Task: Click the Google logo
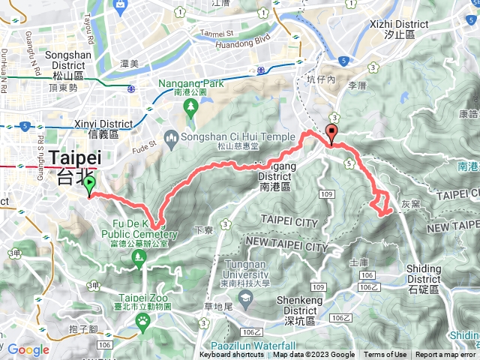pos(28,349)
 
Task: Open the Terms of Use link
pos(385,355)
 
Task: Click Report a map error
pos(445,355)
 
